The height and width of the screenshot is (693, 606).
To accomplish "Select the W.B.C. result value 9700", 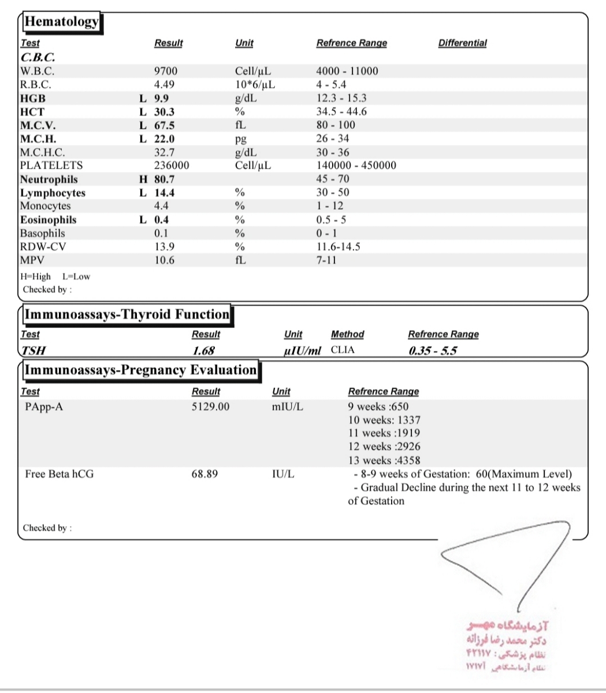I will click(166, 71).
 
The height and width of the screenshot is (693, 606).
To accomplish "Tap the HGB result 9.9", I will click(161, 98).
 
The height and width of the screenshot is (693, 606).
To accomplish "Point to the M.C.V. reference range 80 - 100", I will click(336, 125).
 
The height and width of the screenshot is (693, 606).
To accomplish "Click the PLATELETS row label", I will click(51, 166).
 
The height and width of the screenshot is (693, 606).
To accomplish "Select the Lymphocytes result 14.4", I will click(165, 193).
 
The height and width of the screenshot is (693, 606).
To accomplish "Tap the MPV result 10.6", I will click(165, 260).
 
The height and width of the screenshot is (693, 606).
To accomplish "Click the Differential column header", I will click(462, 43).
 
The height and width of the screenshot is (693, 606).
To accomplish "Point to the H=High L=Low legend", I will click(55, 276).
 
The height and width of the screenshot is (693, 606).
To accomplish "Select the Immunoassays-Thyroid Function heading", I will click(126, 315).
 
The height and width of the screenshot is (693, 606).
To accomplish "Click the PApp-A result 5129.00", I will click(210, 407).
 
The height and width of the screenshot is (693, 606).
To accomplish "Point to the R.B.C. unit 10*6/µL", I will click(255, 85).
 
